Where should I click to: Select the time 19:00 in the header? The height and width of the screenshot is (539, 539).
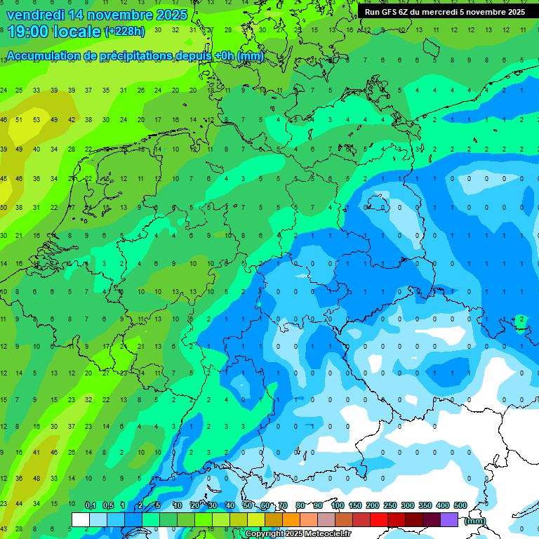coord(29,31)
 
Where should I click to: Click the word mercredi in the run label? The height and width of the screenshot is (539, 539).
coord(447,12)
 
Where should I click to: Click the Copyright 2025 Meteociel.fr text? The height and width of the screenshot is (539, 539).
coord(298,534)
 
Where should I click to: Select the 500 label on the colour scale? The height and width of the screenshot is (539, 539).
coord(460,505)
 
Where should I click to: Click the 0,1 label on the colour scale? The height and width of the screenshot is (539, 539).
coord(90,505)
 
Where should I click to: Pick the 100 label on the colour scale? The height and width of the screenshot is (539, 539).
coord(337,505)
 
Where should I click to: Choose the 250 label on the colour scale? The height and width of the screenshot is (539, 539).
coord(390,505)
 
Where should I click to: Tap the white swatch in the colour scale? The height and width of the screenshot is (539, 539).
coord(81,519)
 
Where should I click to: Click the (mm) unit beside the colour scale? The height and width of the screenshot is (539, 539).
coord(475,521)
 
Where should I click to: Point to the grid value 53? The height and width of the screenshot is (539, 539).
coord(36,119)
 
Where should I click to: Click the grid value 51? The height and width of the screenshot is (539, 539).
coord(20,119)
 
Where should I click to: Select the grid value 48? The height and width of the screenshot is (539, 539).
coord(36,478)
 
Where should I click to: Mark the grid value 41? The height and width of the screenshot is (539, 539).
coord(36,452)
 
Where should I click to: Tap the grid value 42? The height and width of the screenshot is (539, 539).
coord(71,119)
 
